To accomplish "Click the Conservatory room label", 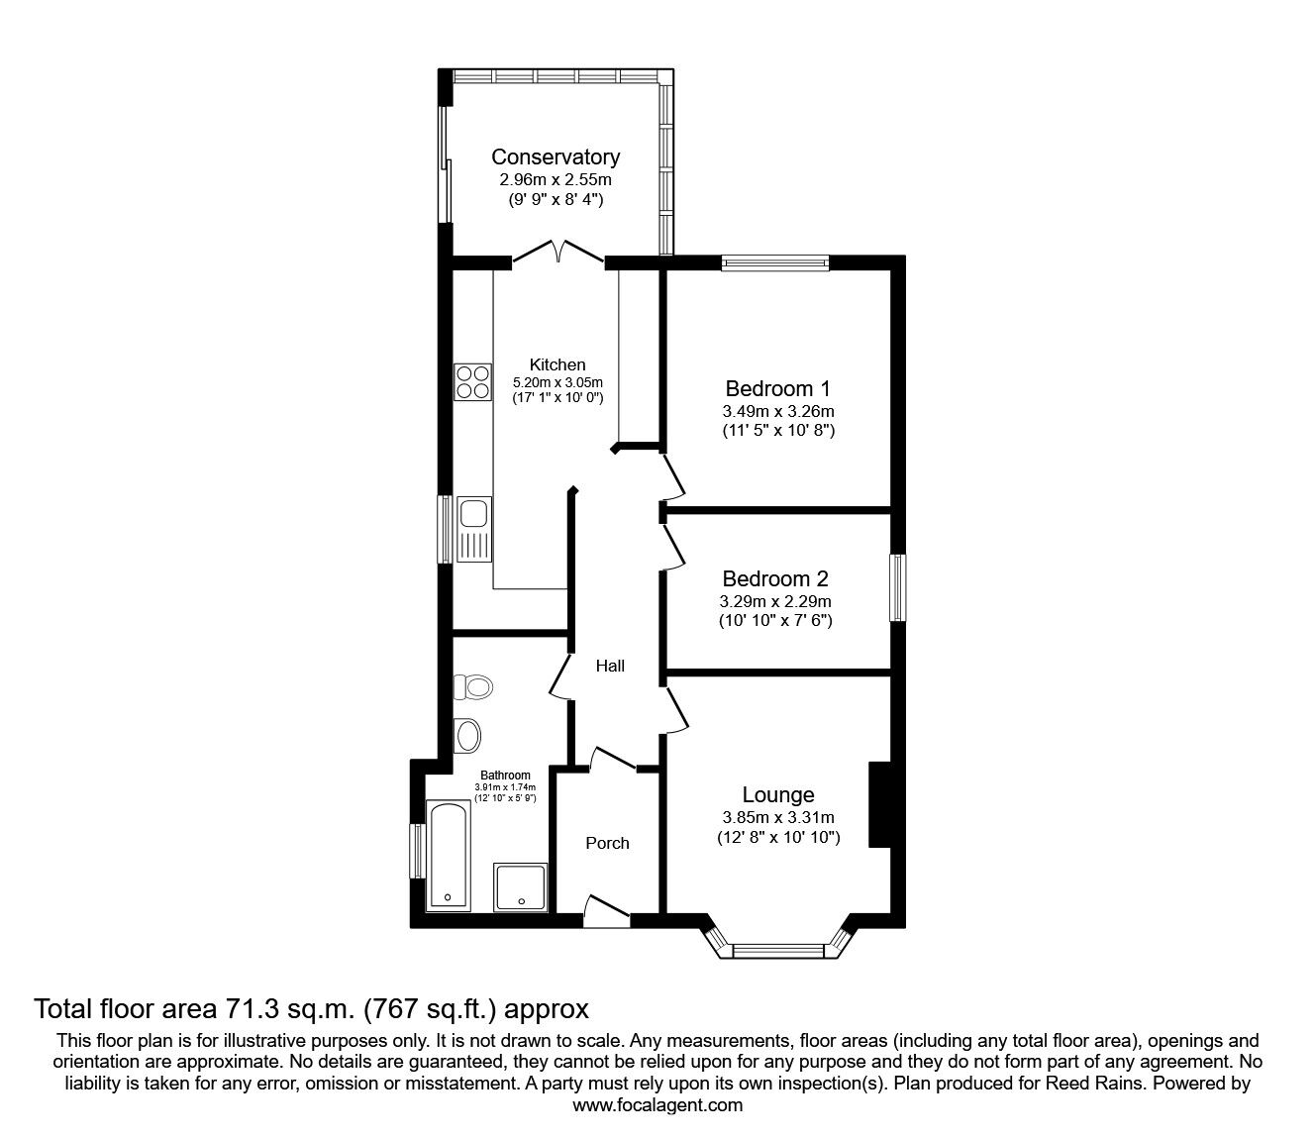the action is coord(556,156).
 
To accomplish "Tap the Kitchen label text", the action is coord(557,364).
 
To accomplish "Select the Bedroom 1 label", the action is coord(777,388).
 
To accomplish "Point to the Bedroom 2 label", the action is coord(775,578).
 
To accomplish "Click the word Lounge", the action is coord(778,795).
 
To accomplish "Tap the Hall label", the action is coord(610,666).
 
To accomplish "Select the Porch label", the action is coord(607,843).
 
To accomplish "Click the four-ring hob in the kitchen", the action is coord(472,382).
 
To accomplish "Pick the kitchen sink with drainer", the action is coord(474,530).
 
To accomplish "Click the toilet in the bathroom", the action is coord(473,687).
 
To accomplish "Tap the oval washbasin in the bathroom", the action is coord(467,736).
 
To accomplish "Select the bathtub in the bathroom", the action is coord(449,856).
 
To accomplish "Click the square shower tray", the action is coord(520,886).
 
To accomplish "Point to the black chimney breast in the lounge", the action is coord(879,804).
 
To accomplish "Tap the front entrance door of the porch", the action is coord(607,911).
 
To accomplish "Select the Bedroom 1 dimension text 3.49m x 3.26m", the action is coord(778,411).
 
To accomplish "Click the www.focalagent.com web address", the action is coord(657,1105).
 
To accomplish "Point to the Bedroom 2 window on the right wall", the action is coord(898,587).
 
